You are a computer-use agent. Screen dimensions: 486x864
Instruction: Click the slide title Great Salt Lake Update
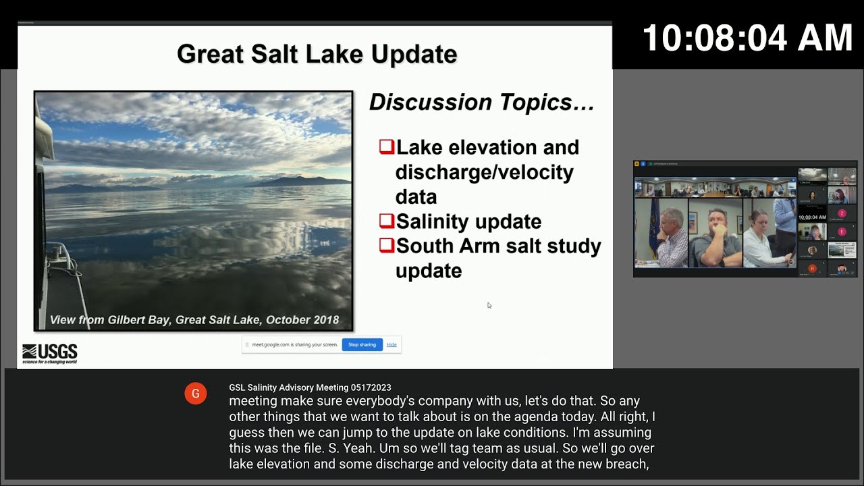pos(317,54)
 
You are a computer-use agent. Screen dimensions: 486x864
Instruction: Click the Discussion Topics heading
pos(481,103)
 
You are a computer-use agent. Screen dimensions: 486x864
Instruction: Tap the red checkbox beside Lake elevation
pos(386,146)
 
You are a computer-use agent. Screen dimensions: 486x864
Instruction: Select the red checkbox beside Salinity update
pos(386,221)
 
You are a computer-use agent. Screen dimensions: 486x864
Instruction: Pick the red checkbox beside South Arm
pos(386,245)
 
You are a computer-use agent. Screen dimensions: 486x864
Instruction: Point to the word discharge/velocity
pos(484,172)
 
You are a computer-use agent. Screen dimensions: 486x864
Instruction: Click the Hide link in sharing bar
pos(391,345)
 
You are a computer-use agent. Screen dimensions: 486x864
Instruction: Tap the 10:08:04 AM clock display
pos(747,38)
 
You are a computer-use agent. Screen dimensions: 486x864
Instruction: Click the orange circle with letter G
pos(195,394)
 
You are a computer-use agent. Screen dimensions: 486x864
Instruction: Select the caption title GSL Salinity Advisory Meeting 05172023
pos(310,387)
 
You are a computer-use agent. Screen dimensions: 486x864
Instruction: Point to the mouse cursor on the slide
pos(489,306)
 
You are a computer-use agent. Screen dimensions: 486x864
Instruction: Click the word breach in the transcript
pos(625,464)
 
